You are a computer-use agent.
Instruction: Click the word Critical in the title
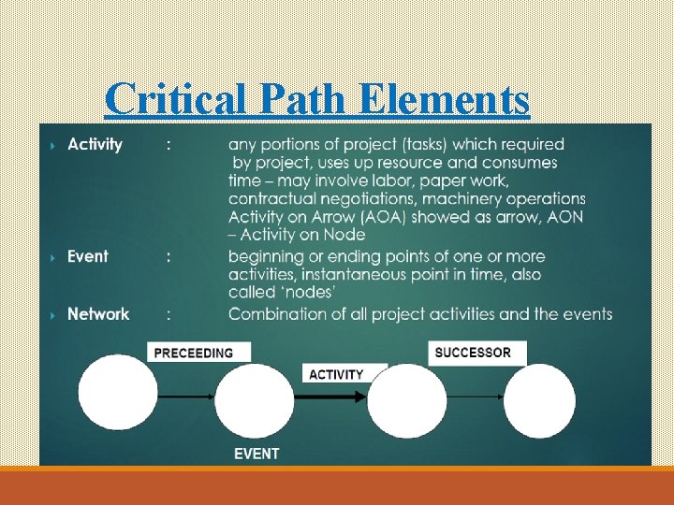163,99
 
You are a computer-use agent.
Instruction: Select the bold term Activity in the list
95,145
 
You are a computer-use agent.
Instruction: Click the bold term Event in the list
87,256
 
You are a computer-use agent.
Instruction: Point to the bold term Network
98,314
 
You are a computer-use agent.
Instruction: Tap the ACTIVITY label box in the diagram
336,374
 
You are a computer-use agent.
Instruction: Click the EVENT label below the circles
256,454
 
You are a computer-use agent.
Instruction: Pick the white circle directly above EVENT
254,399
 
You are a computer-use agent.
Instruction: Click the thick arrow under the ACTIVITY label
332,396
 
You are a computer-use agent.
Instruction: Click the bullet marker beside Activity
51,146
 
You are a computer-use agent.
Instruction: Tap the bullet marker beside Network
51,315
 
